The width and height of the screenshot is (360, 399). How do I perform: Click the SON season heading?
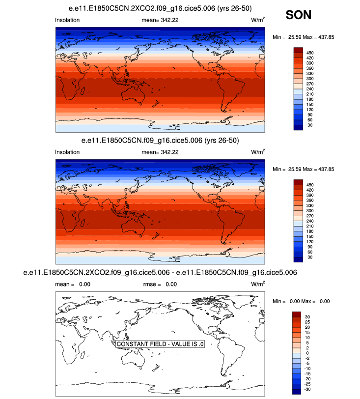coord(298,15)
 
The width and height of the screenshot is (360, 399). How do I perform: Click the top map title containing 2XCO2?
coord(160,9)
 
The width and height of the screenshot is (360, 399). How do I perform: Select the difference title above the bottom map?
coord(160,272)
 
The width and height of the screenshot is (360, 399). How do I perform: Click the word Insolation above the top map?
coord(67,20)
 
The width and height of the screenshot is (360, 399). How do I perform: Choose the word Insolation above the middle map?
coord(67,152)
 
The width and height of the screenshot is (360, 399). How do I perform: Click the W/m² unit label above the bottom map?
coord(258,284)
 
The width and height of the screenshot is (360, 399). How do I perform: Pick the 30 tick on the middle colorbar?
coord(309,257)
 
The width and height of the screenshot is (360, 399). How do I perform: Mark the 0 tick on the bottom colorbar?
coord(308,353)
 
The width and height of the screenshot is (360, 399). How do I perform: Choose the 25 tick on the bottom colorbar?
coord(309,322)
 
